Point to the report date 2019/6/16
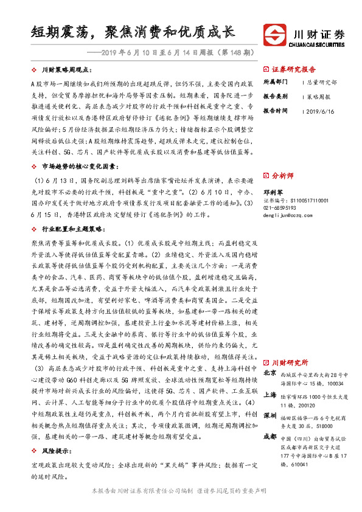point(321,111)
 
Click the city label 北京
point(270,372)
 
